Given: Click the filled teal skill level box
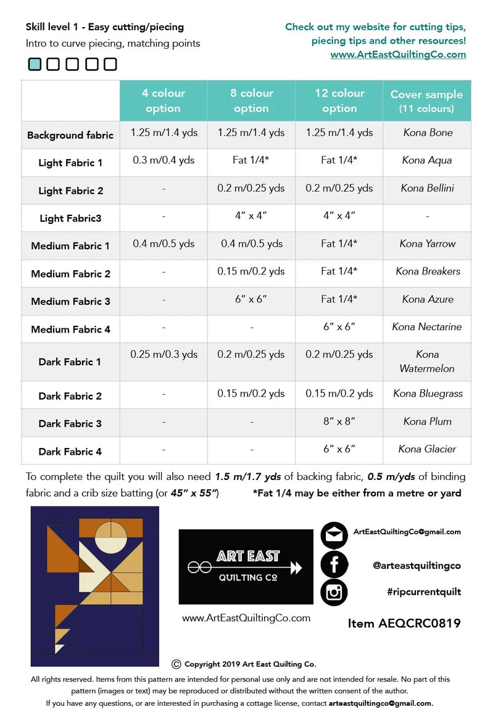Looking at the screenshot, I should click(35, 64).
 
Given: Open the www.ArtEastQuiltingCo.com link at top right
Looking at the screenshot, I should click(398, 54).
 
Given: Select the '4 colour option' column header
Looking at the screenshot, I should click(164, 101).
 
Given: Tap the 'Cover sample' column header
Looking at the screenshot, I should click(426, 101).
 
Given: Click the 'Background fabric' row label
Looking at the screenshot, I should click(70, 135).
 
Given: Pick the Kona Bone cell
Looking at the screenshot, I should click(428, 133).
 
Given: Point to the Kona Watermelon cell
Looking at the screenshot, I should click(427, 362).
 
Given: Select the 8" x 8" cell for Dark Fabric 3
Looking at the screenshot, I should click(339, 421).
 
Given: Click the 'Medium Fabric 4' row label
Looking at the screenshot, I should click(70, 329).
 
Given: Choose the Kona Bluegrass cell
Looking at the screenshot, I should click(428, 394).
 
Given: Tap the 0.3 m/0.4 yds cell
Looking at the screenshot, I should click(164, 160).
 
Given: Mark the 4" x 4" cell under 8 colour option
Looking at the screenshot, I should click(251, 216).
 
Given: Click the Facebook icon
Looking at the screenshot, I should click(334, 565).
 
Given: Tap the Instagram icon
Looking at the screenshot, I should click(334, 592).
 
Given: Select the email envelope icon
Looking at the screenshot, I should click(334, 535).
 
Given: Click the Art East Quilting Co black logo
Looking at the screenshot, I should click(246, 566).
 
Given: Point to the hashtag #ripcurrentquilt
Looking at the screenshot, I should click(424, 592).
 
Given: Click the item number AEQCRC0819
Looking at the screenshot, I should click(404, 623).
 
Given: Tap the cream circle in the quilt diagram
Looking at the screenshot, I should click(112, 536).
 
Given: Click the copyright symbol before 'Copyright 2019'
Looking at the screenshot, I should click(176, 664).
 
